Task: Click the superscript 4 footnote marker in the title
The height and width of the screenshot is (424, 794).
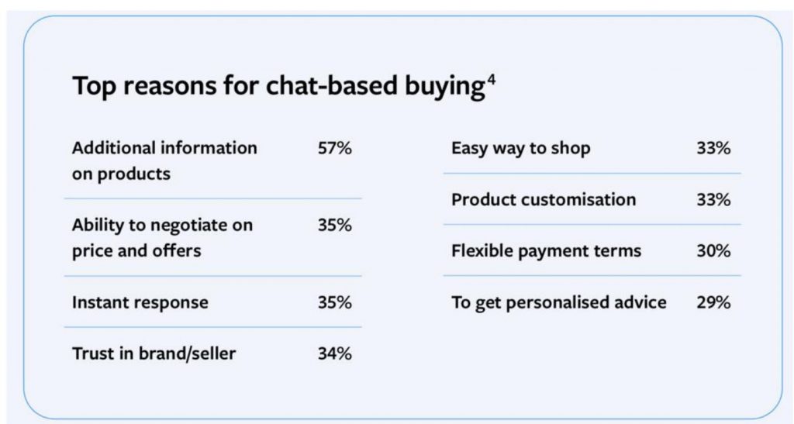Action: point(491,81)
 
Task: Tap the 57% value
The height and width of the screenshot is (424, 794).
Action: point(335,148)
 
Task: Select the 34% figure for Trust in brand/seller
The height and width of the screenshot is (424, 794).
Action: point(335,353)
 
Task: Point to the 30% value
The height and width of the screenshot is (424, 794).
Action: point(713,251)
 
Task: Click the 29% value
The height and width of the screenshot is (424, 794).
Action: point(713,302)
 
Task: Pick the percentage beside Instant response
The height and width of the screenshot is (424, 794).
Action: point(335,302)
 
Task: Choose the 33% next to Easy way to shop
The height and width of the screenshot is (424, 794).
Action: point(713,148)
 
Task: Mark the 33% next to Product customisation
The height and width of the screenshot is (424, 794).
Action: point(713,200)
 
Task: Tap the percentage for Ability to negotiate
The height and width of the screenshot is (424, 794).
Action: point(335,225)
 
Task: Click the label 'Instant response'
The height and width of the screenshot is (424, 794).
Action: point(140,302)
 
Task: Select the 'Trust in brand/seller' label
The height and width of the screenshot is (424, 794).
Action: point(154,353)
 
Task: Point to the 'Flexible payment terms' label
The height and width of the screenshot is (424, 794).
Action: point(547,251)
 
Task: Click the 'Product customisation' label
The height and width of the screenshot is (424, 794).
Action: point(544,200)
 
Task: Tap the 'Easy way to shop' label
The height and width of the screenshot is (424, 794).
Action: point(521,149)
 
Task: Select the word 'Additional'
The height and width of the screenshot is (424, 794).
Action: point(114,148)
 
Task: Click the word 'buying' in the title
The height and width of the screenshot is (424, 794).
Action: point(445,86)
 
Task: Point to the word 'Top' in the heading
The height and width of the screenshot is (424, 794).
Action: point(95,86)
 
